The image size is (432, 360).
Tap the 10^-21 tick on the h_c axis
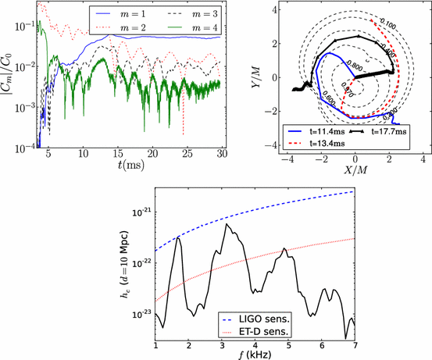pos(141,212)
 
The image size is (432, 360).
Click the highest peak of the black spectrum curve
pos(227,224)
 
